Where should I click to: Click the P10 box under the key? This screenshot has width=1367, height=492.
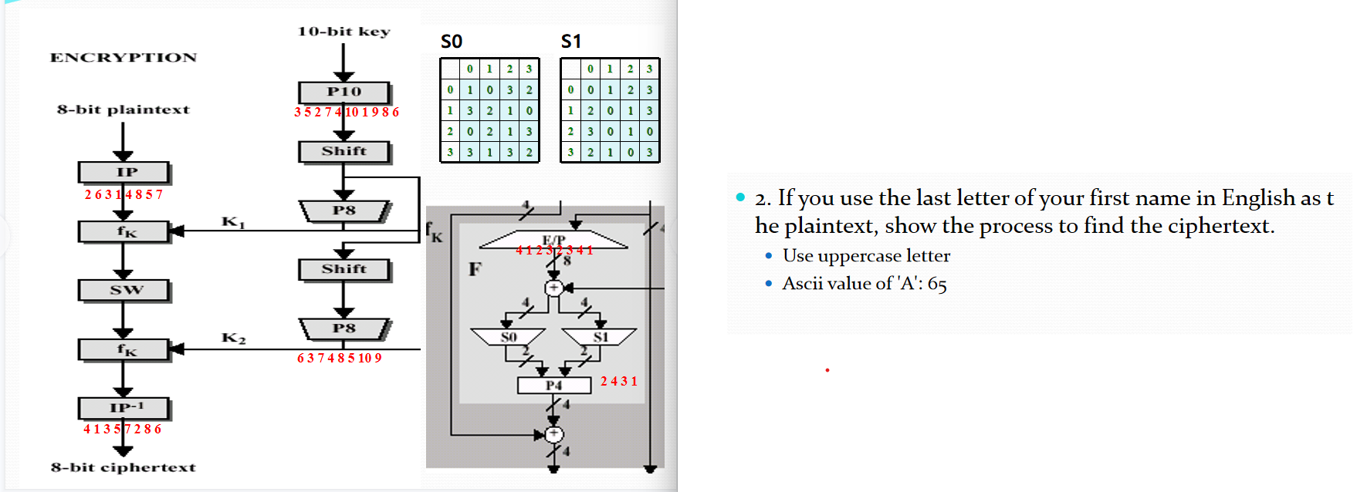point(343,92)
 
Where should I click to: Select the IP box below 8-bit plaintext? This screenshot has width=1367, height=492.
point(124,172)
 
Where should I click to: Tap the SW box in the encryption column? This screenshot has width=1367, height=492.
point(124,290)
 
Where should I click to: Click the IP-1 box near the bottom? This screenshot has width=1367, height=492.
point(124,407)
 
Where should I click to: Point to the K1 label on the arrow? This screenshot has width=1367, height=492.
point(233,222)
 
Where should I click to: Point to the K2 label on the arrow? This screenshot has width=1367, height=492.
point(233,338)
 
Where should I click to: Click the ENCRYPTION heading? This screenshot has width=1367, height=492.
point(124,58)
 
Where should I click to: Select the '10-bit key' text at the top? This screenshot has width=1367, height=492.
point(344,32)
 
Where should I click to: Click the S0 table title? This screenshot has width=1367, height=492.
point(451,42)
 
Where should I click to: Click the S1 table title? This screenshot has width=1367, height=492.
point(570,42)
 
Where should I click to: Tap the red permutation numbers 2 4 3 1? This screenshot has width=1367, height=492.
point(619,381)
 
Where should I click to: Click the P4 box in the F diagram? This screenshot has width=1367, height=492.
point(553,385)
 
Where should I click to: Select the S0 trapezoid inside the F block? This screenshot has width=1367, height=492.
point(508,337)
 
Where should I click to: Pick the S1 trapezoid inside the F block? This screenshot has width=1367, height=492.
point(600,337)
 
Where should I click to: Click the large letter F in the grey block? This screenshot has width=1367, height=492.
point(475,269)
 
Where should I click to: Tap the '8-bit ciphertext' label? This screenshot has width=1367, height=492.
point(124,467)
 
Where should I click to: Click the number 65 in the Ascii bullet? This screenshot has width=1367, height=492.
point(936,285)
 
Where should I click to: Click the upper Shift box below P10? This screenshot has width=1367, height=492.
point(343,151)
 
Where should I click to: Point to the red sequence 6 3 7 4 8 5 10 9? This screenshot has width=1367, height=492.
point(340,359)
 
